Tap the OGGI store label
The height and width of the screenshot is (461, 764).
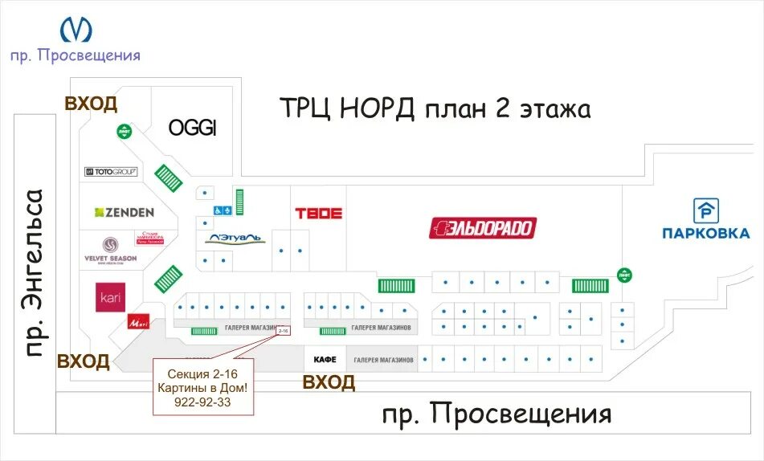(193, 129)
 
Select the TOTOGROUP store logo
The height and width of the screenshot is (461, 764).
(111, 171)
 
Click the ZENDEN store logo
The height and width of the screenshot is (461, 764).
(125, 212)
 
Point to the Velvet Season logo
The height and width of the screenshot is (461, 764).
(110, 248)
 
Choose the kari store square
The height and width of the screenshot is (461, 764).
(110, 297)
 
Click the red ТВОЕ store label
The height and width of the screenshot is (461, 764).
(319, 214)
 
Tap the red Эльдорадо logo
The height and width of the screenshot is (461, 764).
(482, 228)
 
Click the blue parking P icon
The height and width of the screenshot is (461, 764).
(706, 210)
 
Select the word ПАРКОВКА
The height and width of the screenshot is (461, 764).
(706, 234)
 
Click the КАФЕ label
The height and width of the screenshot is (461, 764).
(325, 360)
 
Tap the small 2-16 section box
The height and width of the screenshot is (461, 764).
(283, 330)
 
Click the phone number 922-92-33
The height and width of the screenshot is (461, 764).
(202, 402)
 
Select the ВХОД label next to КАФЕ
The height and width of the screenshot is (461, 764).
(329, 383)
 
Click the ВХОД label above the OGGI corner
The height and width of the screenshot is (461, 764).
(91, 104)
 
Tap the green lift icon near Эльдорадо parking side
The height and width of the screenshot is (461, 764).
(624, 273)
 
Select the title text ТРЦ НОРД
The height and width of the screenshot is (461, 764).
(345, 108)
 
